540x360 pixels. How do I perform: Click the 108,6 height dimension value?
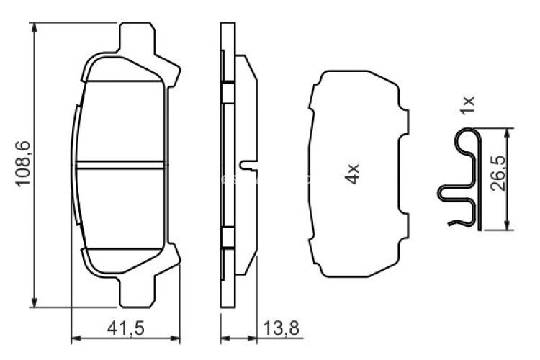(x=22, y=164)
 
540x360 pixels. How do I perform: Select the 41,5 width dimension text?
(x=127, y=328)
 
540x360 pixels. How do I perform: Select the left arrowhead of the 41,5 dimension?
(x=76, y=336)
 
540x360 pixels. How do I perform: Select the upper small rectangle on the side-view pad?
(x=226, y=92)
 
